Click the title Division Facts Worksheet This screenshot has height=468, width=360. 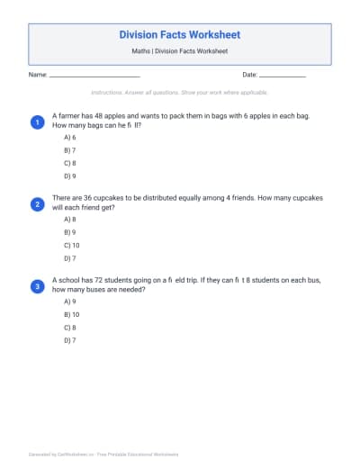180,34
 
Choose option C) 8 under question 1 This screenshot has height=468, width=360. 69,164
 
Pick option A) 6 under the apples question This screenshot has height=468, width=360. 69,138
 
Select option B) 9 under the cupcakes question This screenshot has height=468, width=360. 69,232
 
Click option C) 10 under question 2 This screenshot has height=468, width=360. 71,245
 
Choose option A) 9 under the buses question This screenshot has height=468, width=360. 69,302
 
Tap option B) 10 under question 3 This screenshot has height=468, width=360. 71,315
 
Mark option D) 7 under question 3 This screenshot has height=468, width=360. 69,341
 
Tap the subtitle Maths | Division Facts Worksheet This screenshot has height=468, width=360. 180,52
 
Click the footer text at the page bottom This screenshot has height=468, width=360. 103,454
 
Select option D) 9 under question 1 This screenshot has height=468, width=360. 69,176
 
